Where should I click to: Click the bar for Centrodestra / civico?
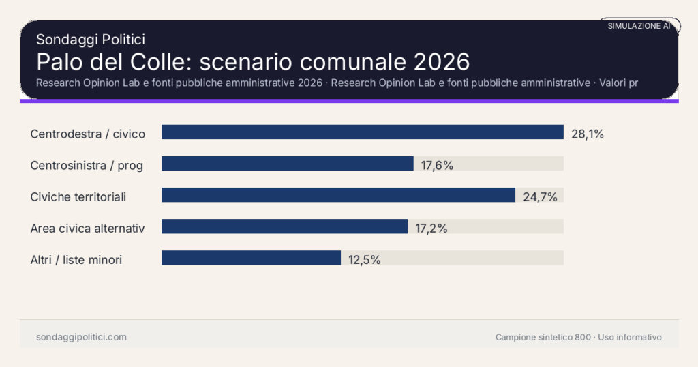(362, 132)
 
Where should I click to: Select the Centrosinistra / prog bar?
(287, 164)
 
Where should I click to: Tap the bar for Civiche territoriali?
(338, 195)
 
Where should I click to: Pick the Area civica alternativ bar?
(284, 226)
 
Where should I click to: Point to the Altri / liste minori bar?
(251, 258)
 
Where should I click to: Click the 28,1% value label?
(588, 134)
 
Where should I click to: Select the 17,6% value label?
(437, 165)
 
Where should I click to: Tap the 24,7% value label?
(540, 197)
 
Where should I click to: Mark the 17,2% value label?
(431, 229)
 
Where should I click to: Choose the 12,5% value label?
(364, 260)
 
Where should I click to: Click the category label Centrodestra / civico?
(88, 134)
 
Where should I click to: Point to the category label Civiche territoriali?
(78, 197)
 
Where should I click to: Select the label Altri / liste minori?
(76, 260)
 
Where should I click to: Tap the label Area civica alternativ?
(87, 229)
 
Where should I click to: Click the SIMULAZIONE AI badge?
(639, 26)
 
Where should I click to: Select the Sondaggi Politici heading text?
(91, 40)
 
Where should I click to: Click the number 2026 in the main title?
(441, 61)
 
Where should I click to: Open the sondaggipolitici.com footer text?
(81, 337)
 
